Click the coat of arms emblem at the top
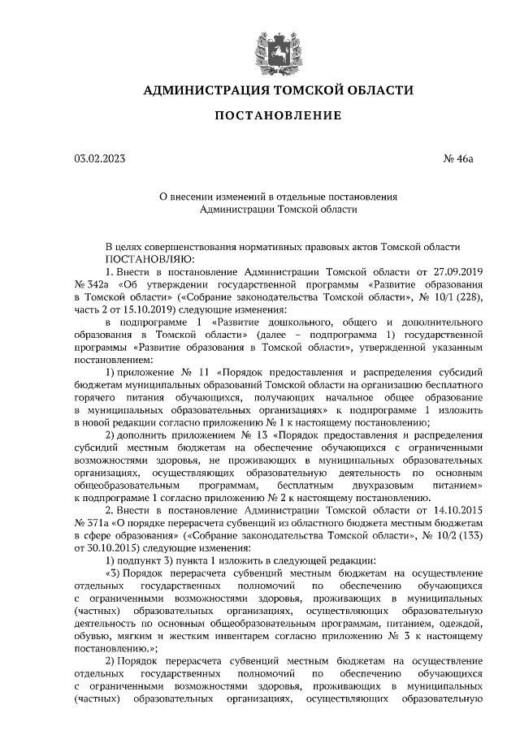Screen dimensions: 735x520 coord(259,44)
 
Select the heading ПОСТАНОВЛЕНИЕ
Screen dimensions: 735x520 coord(259,118)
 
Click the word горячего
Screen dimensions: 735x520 coord(95,399)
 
